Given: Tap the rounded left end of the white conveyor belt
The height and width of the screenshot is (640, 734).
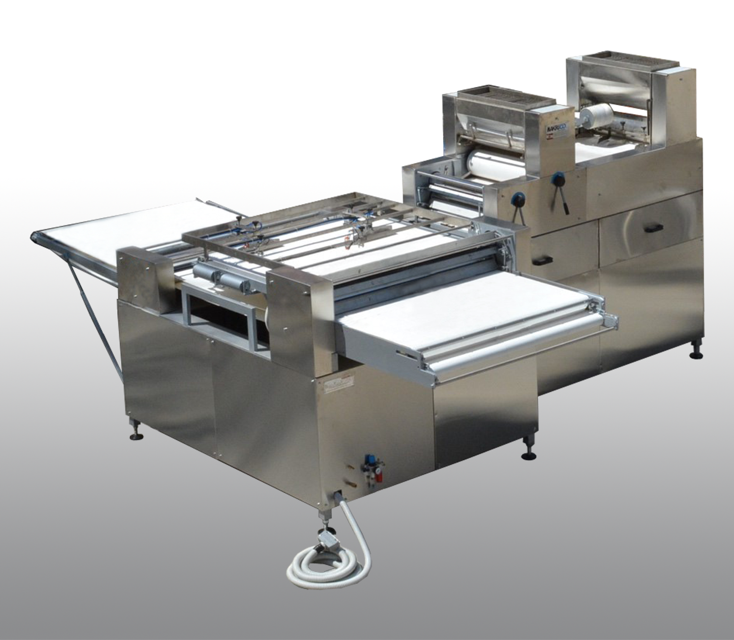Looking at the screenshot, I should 36,237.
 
